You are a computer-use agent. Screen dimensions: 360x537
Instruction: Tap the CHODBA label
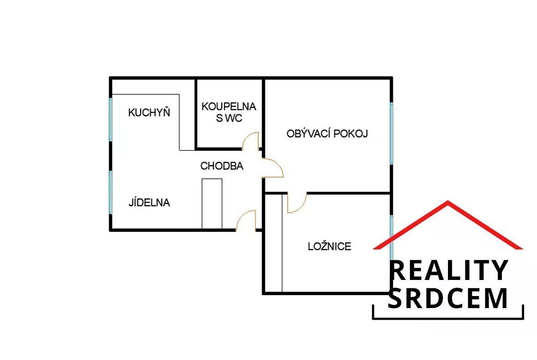click(222, 166)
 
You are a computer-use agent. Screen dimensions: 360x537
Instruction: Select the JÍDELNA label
click(149, 202)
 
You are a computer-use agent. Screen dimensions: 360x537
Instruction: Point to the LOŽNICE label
click(329, 246)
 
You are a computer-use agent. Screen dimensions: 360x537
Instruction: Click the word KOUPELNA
click(229, 106)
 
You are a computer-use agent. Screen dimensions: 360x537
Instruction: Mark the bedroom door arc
click(296, 203)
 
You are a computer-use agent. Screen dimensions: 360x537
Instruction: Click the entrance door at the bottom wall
click(246, 220)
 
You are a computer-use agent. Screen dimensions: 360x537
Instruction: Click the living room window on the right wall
click(392, 133)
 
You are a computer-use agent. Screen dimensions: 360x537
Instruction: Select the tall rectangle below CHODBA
click(212, 203)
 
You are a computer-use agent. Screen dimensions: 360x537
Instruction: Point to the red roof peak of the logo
click(448, 203)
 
